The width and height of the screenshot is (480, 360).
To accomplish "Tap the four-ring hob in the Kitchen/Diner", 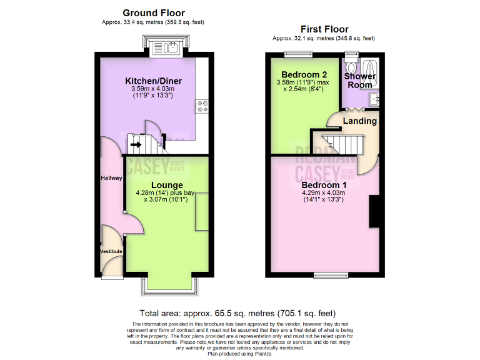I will tap(202, 107).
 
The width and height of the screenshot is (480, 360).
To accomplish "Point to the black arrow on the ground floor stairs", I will tap(136, 144).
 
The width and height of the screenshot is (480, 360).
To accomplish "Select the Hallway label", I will tap(112, 178).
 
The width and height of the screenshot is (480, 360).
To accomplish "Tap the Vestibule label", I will tap(112, 251).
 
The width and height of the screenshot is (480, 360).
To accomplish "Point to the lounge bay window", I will tap(167, 285).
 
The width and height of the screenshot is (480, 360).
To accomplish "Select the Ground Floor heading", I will tap(154, 12).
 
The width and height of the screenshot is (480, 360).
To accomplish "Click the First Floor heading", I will tap(324, 29).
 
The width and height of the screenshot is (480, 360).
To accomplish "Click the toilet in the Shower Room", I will tap(351, 67).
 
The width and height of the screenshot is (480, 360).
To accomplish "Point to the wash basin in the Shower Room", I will tap(374, 99).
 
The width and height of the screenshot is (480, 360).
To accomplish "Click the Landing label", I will tap(361, 121).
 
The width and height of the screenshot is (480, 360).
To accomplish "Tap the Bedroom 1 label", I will tap(324, 185).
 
